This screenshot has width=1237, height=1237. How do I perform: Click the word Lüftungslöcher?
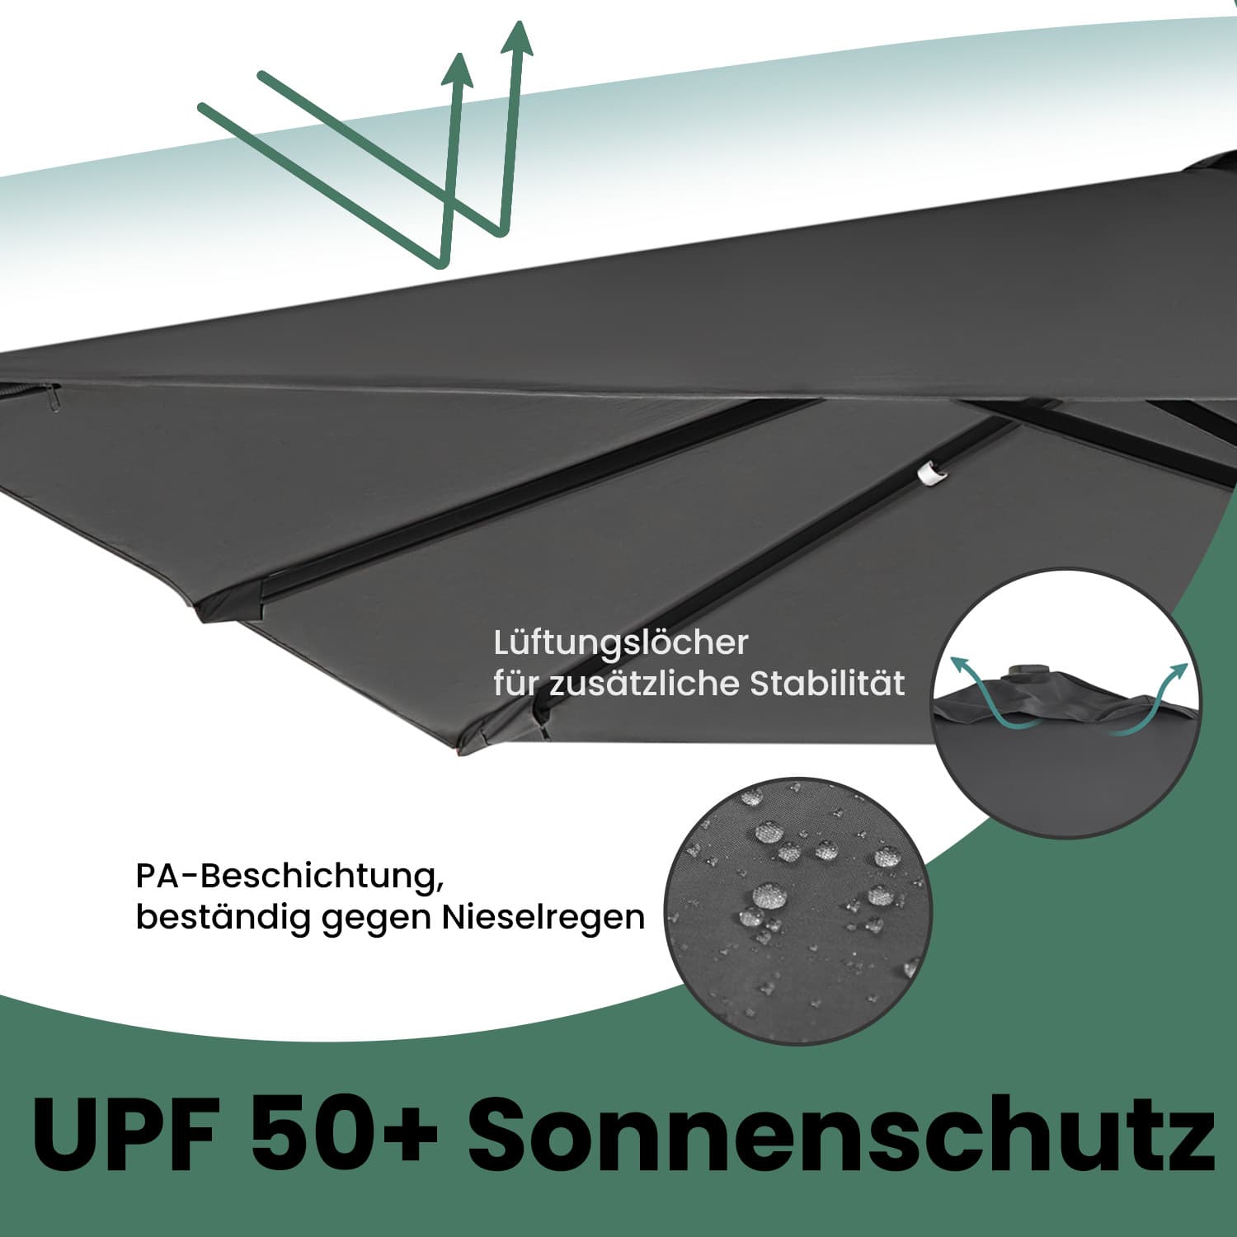[621, 643]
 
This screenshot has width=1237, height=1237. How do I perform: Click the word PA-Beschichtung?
[285, 876]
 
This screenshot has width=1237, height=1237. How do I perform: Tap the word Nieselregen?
[543, 917]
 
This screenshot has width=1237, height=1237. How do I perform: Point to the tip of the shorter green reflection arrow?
[458, 59]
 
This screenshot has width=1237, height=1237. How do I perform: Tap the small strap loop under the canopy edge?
[54, 397]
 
